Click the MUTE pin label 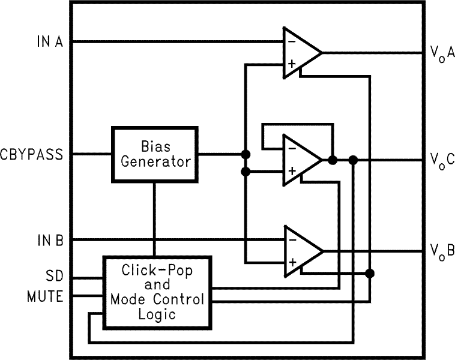46,296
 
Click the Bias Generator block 155,154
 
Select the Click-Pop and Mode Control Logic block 157,292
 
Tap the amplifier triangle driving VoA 300,52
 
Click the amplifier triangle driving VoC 300,160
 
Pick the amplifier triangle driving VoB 300,250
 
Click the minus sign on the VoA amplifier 291,41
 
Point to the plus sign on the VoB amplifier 292,262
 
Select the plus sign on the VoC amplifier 292,172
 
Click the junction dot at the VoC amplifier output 333,160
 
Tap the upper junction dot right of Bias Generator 245,154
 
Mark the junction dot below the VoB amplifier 370,274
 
